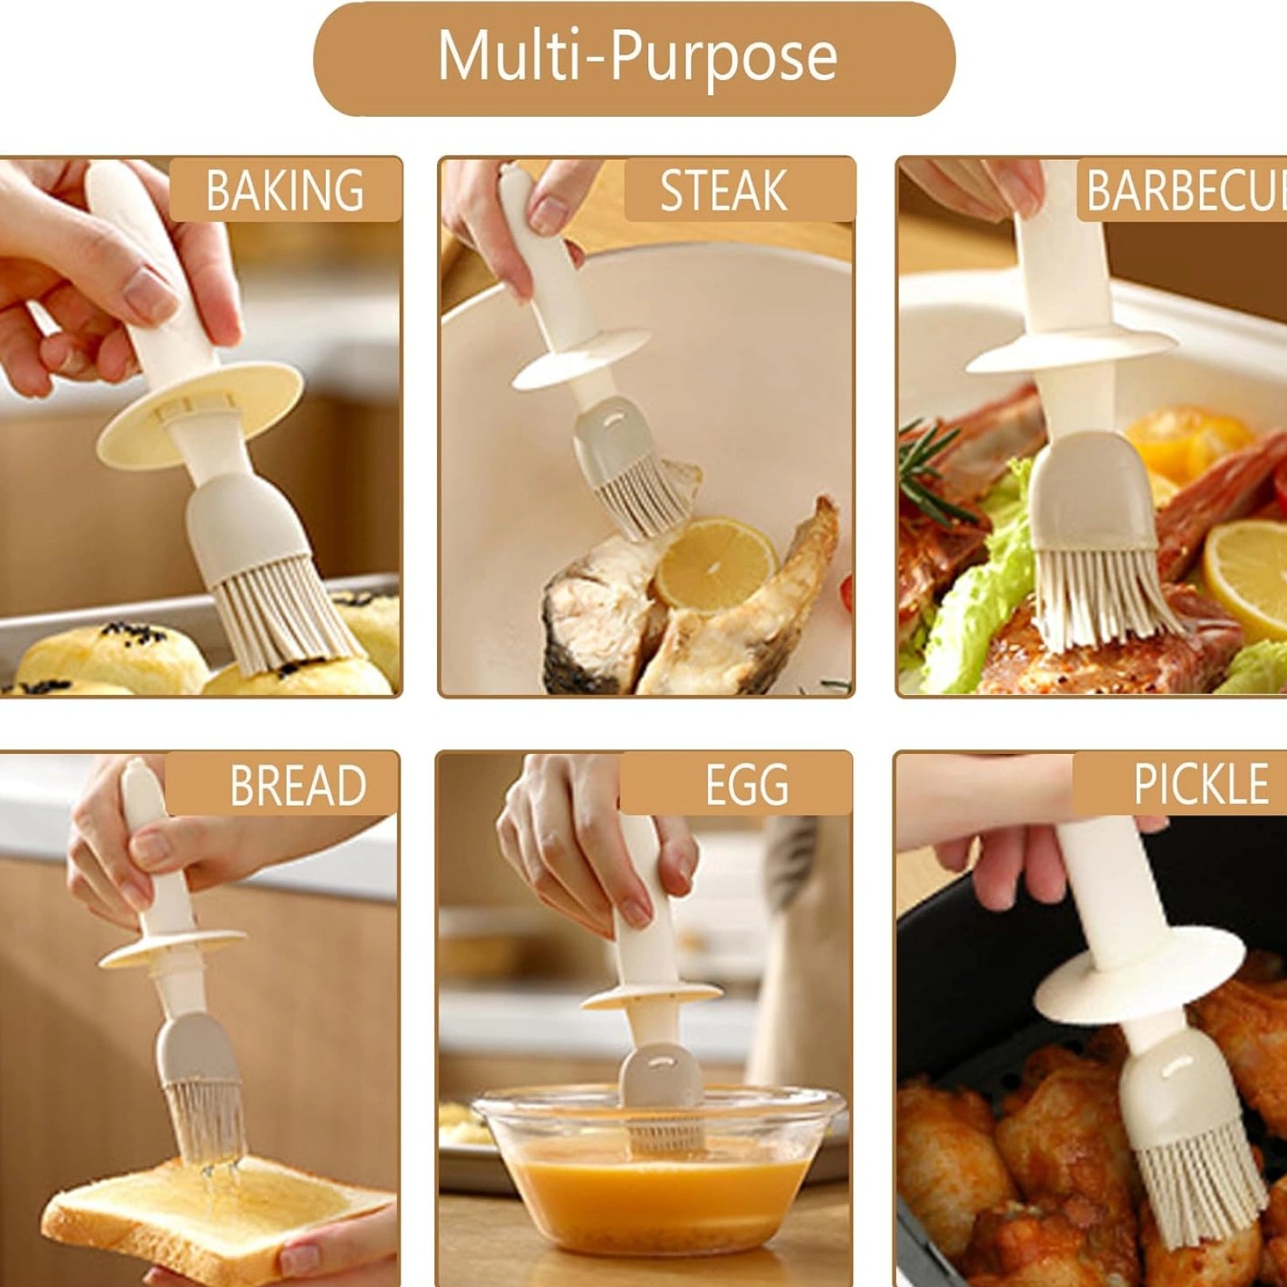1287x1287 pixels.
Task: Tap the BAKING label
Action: tap(285, 190)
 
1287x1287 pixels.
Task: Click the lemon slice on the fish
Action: tap(715, 565)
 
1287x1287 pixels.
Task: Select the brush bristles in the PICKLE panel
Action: tap(1200, 1200)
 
